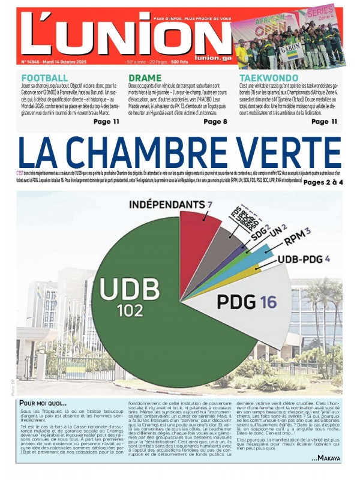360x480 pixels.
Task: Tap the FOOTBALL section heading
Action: [44, 78]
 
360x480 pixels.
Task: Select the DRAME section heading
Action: [145, 78]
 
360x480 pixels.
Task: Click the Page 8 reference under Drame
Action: [215, 121]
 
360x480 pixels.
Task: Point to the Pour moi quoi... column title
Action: [43, 403]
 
